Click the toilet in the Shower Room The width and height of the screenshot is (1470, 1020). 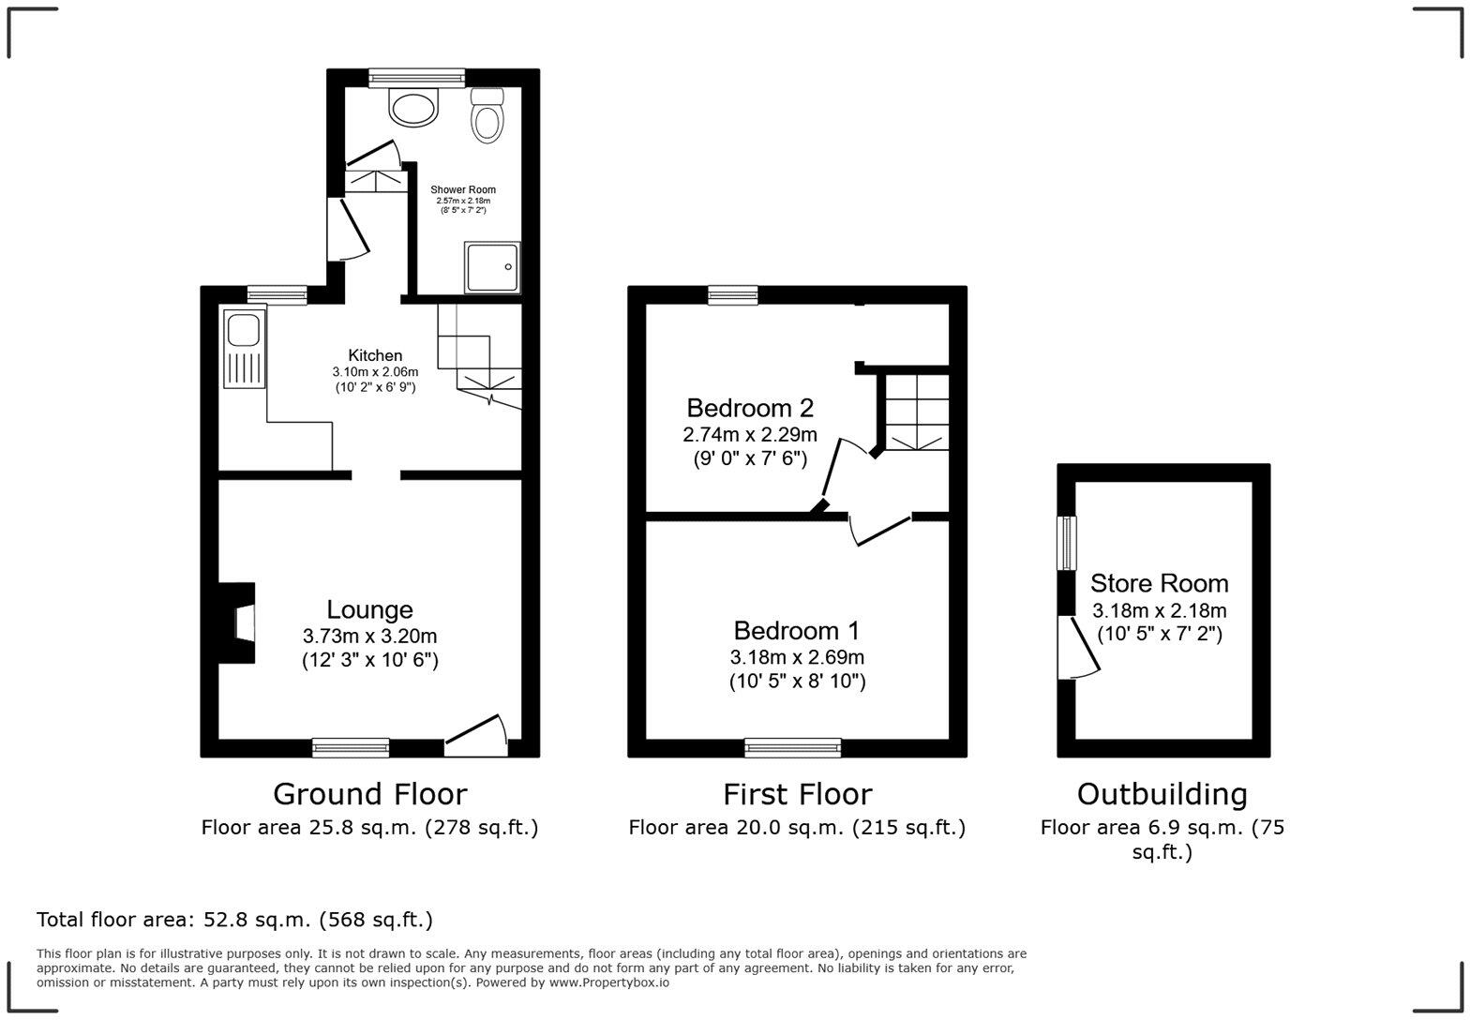487,116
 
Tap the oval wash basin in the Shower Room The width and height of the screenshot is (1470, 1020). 414,108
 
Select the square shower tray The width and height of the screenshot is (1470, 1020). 492,267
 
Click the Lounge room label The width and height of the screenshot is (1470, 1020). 369,609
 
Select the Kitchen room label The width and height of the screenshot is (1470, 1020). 375,355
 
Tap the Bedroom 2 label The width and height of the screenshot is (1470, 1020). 749,408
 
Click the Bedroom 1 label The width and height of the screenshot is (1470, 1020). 796,630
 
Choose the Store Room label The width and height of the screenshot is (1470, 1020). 1159,583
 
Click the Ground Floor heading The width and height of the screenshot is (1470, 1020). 369,794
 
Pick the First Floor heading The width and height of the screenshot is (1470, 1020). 797,794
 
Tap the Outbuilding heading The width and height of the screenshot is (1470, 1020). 1162,794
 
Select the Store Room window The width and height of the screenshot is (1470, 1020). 1067,543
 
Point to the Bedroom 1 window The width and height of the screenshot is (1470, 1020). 792,747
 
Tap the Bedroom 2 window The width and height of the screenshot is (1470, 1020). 732,295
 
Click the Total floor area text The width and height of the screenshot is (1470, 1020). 234,920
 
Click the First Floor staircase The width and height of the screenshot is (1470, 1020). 915,412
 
